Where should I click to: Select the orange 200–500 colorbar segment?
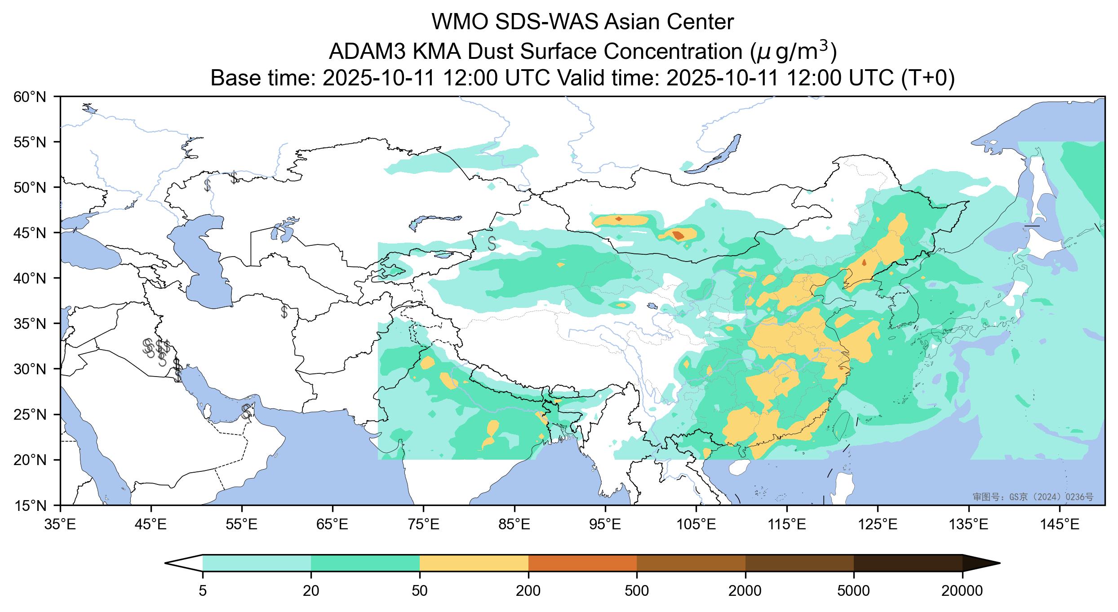pos(582,563)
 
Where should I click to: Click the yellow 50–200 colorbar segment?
pos(474,563)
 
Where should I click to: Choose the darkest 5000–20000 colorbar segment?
pos(908,563)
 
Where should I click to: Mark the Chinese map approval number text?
pos(1033,497)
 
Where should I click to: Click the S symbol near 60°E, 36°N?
pos(284,311)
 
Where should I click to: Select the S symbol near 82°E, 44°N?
pos(492,243)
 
